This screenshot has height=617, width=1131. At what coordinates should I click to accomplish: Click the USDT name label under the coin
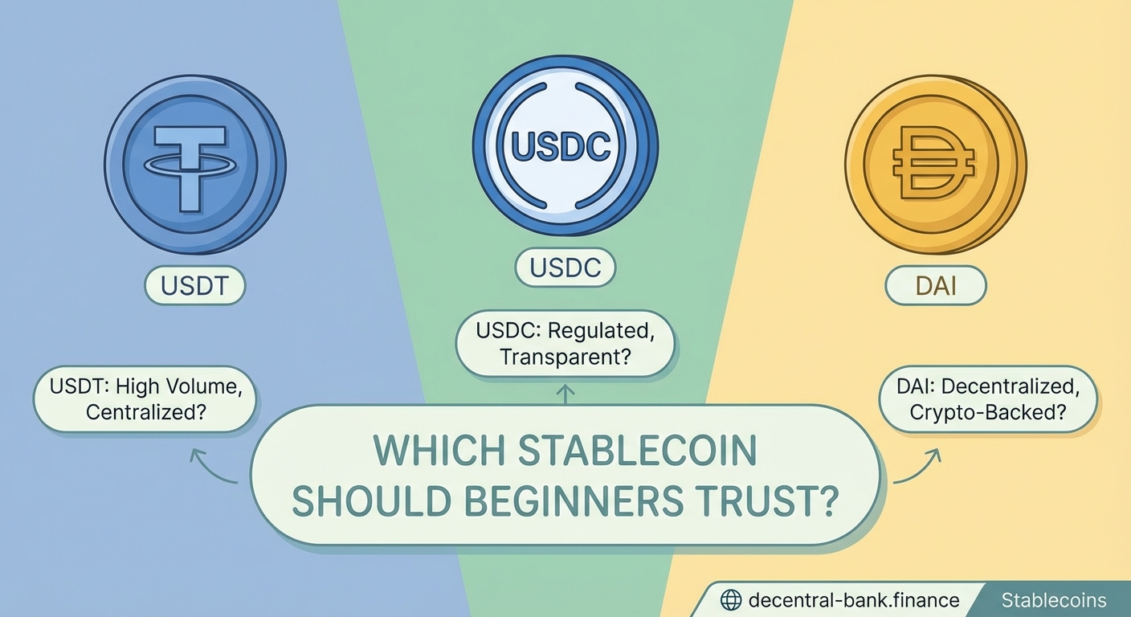[194, 286]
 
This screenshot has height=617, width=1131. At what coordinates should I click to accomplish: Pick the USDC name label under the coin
[565, 268]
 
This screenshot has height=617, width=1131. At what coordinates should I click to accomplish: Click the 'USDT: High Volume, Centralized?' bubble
[145, 399]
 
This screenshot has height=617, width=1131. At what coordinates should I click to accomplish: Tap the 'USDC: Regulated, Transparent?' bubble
[565, 343]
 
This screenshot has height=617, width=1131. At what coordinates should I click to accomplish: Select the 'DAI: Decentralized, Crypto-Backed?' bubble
[987, 399]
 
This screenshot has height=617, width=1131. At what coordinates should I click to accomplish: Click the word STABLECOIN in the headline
[639, 452]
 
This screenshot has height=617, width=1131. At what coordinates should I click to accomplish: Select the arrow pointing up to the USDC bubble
[565, 393]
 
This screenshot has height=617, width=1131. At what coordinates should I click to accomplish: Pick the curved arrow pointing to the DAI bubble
[917, 468]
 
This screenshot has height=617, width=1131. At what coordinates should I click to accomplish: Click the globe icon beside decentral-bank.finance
[730, 600]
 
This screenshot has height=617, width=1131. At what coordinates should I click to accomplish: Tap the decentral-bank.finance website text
[853, 600]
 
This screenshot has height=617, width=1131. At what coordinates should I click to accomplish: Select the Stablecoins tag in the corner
[1053, 600]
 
